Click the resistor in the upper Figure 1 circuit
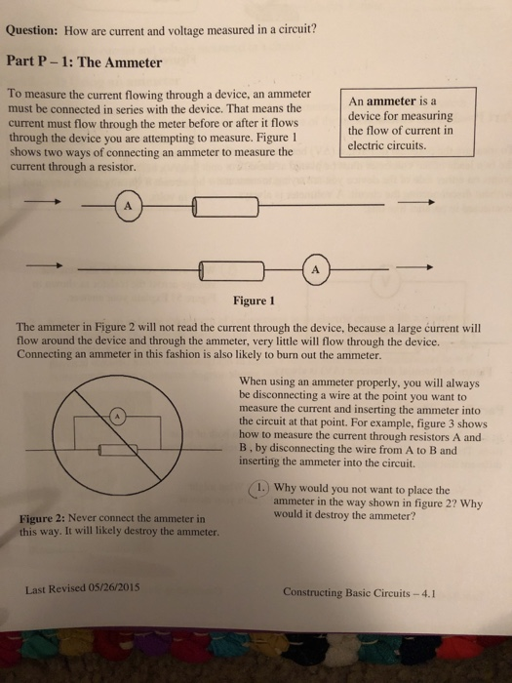[225, 206]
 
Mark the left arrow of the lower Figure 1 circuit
[45, 266]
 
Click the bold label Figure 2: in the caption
[46, 518]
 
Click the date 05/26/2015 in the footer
[115, 588]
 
